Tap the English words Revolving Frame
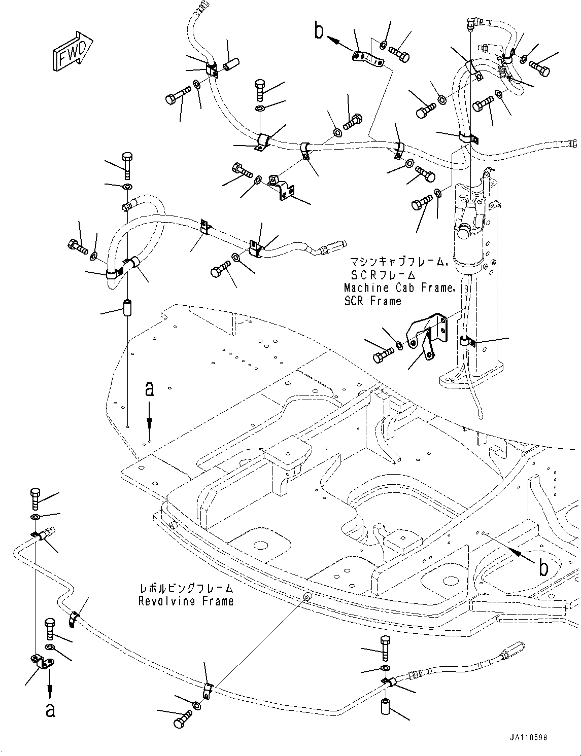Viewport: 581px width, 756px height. pos(186,601)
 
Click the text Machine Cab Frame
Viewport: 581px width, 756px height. pos(399,287)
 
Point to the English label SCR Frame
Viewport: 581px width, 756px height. pos(372,301)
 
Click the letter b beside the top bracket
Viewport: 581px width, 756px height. pos(319,31)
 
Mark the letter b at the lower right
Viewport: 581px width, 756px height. pos(543,568)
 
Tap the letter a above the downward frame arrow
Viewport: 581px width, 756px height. pos(149,389)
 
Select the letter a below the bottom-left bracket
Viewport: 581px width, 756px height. pos(50,710)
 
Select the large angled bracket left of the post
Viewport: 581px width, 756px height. pos(427,336)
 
